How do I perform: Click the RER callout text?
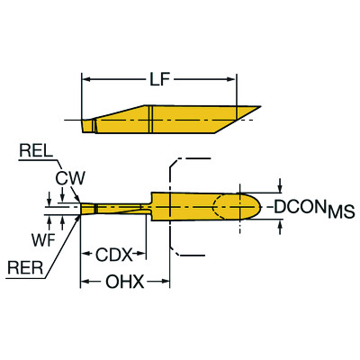28,265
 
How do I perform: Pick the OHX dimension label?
126,283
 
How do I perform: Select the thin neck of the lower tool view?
117,207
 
